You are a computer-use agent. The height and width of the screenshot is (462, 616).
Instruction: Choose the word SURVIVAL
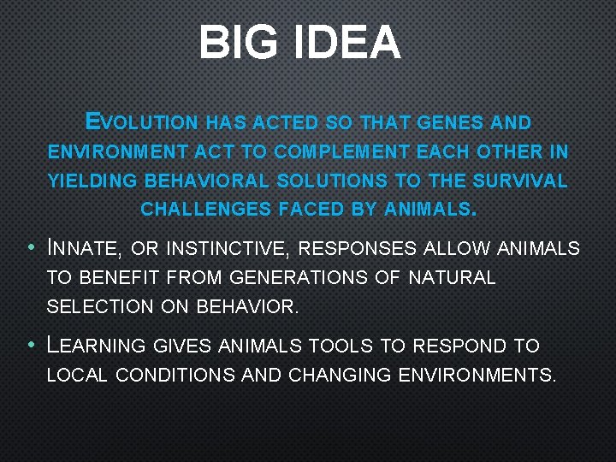click(x=522, y=181)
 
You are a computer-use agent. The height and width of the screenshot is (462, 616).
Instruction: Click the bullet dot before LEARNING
click(x=32, y=346)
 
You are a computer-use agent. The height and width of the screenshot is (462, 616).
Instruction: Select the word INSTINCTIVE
click(x=227, y=249)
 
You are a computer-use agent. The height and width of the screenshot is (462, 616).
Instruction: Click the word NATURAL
click(x=452, y=278)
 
